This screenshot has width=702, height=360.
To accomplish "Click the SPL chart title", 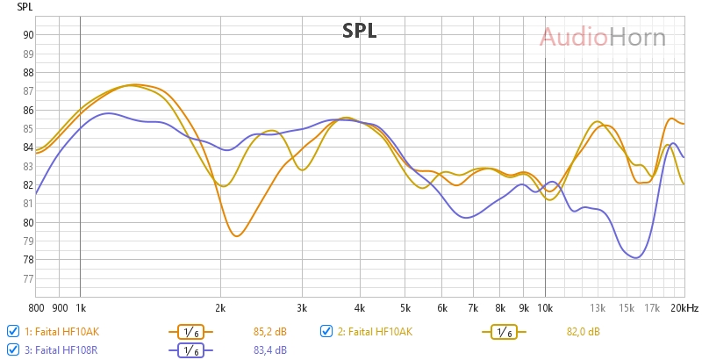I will pos(359,32).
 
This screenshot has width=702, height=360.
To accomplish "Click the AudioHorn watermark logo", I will pos(602,37).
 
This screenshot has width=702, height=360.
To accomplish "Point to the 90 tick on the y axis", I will pos(28,35).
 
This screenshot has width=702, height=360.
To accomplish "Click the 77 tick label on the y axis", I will pos(28,279).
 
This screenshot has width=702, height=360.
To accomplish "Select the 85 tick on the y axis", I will pos(28,129).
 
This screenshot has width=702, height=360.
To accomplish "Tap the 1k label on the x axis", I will pos(80,308).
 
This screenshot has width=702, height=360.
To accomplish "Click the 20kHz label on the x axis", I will pos(684,308).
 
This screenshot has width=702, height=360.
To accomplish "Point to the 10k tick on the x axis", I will pos(545,308).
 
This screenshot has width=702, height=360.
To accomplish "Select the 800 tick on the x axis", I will pos(36,308).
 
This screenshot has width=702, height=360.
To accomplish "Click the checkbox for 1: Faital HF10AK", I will pos(13,331).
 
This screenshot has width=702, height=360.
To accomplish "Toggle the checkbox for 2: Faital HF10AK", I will pos(326,331).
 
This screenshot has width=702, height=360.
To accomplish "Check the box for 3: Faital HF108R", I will pos(13,349).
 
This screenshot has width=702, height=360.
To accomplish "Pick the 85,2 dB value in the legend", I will pos(269,332).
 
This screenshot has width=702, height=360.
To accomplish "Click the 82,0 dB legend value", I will pos(583,332).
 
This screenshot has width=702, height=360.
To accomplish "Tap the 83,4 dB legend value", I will pos(269,350).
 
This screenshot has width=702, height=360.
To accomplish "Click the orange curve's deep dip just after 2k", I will pos(235,235).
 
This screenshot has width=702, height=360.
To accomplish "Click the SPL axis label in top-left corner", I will pos(25,6).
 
